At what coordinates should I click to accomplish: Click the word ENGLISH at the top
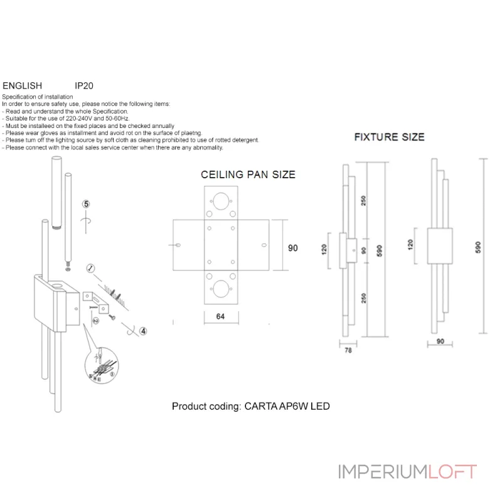click(23, 85)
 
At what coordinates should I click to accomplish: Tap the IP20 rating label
click(84, 85)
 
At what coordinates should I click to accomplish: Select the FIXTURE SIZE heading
click(389, 137)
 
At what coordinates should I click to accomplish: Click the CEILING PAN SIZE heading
click(248, 175)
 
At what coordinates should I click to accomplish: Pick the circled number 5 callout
click(87, 204)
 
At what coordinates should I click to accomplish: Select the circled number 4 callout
click(143, 331)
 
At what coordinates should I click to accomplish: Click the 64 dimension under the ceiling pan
click(220, 316)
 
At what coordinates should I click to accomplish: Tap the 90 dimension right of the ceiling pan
click(293, 248)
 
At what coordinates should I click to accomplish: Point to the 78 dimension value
click(348, 351)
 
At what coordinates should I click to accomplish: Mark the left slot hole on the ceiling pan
click(176, 245)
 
